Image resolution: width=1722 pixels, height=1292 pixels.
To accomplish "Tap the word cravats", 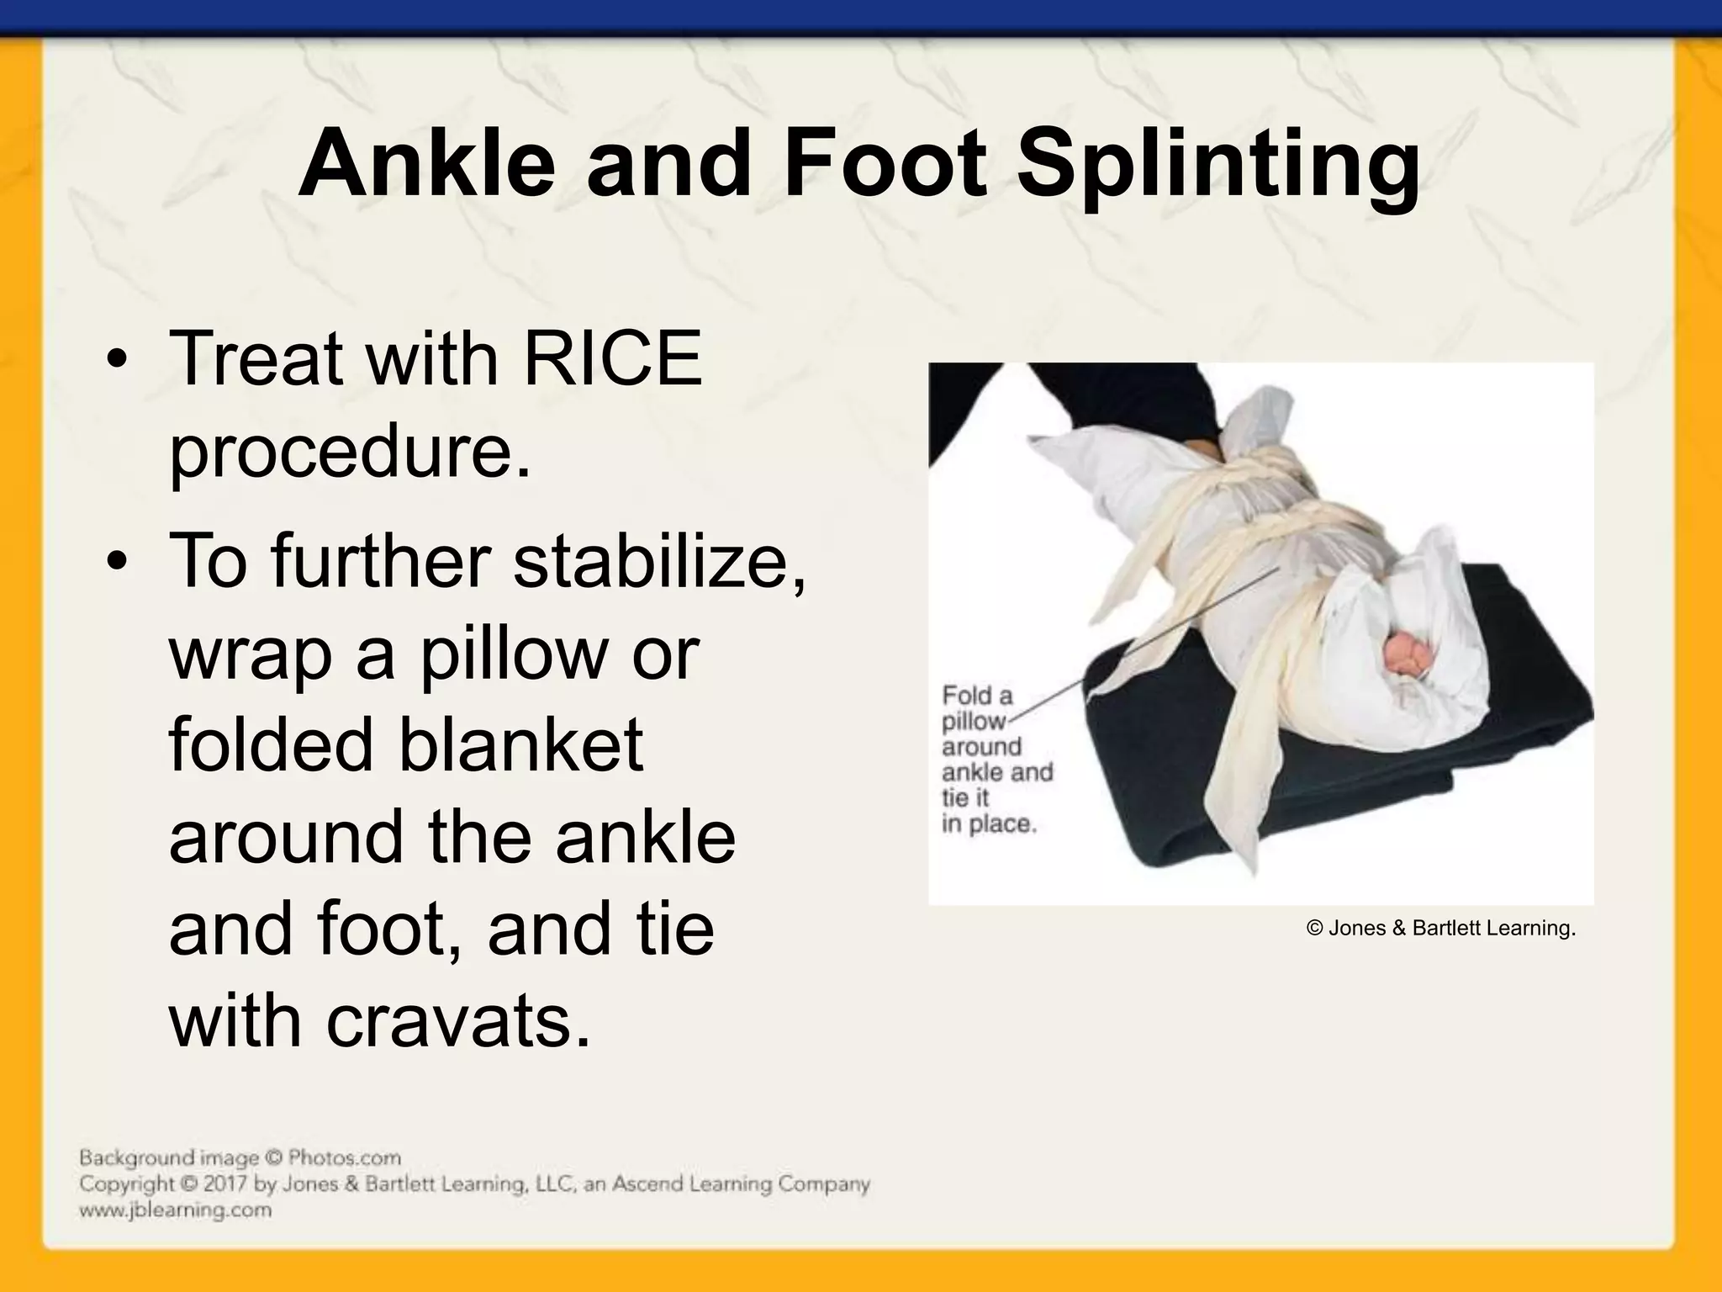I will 458,1021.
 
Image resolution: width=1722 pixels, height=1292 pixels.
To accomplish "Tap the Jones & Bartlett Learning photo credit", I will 1441,928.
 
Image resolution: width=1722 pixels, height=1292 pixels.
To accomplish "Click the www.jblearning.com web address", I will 175,1210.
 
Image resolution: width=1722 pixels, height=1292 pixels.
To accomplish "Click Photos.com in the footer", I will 344,1157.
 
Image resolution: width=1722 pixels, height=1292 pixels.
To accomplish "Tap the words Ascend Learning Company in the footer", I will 740,1184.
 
